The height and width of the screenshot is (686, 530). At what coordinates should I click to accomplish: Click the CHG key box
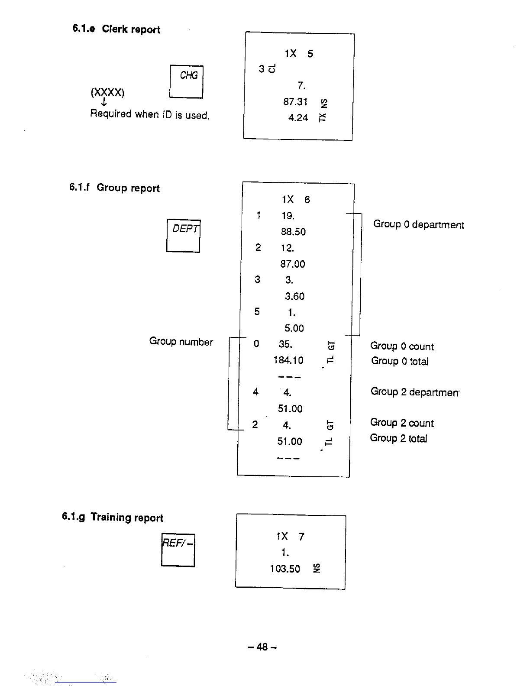coord(186,81)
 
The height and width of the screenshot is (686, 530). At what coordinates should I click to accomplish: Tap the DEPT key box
coord(183,236)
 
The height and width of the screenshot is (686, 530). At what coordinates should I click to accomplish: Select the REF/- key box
coord(178,550)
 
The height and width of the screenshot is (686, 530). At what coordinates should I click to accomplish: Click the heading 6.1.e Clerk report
coord(116,29)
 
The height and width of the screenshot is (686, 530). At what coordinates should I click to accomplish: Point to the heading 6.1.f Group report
coord(114,188)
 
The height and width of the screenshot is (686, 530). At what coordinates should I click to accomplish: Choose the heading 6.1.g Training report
coord(113,517)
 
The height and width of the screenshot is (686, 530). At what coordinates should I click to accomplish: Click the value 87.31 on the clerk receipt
coord(295,102)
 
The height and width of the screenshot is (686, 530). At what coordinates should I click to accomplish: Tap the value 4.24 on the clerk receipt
coord(298,118)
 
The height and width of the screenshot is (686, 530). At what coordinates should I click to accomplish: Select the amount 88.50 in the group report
coord(293,232)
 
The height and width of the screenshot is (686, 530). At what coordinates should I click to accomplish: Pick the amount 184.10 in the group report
coord(288,360)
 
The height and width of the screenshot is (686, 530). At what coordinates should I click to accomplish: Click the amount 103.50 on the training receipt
coord(285,569)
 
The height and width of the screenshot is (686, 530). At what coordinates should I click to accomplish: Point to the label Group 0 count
coord(401,346)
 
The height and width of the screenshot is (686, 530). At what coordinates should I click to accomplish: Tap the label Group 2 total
coord(398,438)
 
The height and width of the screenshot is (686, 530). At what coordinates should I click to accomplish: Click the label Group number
coord(181,342)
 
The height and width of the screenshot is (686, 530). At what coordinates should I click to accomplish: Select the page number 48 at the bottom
coord(262,647)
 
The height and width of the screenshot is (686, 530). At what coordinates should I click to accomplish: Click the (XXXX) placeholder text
coord(107,92)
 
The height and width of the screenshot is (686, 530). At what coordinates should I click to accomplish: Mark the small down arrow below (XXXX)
coord(104,102)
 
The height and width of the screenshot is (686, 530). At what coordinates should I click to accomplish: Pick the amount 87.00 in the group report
coord(293,264)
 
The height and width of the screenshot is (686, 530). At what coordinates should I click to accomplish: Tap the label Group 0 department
coord(418,224)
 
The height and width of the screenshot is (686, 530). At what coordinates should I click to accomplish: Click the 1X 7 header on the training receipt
coord(290,537)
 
